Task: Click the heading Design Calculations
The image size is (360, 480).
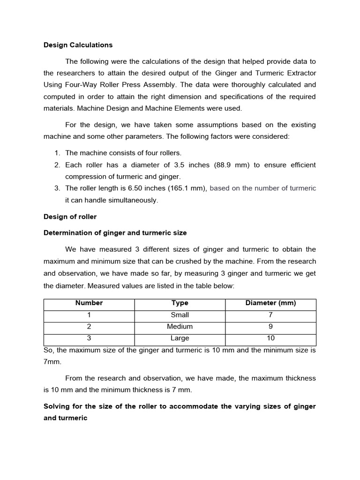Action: [78, 45]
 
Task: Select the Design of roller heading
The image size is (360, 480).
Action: [70, 217]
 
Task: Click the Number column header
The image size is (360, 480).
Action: [89, 303]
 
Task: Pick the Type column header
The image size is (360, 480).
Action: [180, 303]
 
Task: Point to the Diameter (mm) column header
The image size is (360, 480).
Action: [270, 303]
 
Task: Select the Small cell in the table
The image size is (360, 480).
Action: [180, 315]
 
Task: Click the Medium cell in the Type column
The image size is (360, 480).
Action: [180, 327]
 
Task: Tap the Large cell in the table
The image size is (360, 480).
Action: [180, 338]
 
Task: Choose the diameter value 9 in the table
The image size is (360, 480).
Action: [270, 327]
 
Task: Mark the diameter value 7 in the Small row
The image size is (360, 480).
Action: [270, 315]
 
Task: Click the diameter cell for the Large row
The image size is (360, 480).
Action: [270, 338]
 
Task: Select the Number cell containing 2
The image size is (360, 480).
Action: [89, 327]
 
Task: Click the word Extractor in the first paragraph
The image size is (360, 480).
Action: [299, 73]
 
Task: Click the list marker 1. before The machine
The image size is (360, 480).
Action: [57, 153]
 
